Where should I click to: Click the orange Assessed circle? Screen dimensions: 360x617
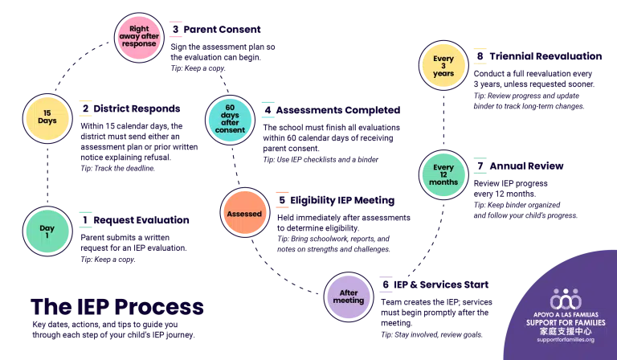point(243,215)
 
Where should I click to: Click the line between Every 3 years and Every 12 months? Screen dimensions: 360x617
point(443,121)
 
